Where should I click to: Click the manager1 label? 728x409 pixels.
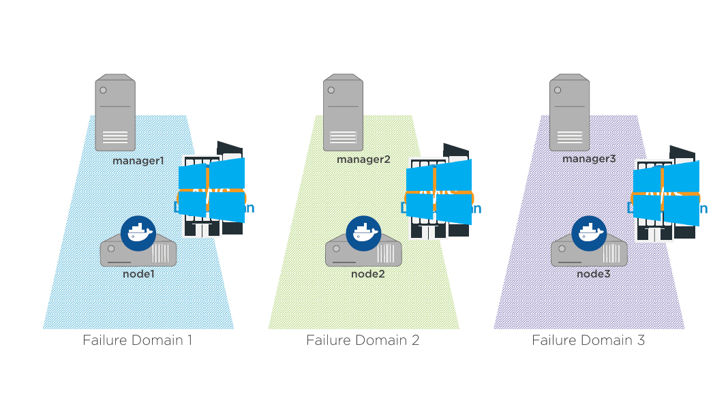139,162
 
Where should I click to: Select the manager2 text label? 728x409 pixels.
363,159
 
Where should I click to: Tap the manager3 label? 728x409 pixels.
589,158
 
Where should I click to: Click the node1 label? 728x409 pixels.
139,273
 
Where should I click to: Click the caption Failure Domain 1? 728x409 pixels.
138,339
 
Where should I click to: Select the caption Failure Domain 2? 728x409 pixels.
363,339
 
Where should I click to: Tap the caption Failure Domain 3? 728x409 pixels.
588,339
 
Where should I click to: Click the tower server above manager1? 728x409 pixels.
115,112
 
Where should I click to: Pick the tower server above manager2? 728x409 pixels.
343,112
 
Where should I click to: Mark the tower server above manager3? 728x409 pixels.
569,112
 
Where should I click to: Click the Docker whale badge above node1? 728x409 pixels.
138,234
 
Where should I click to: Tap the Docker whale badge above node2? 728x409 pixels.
363,234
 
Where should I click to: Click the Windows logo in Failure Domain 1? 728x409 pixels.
211,191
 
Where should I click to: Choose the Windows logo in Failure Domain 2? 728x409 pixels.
438,193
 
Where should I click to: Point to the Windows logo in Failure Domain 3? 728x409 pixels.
666,194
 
